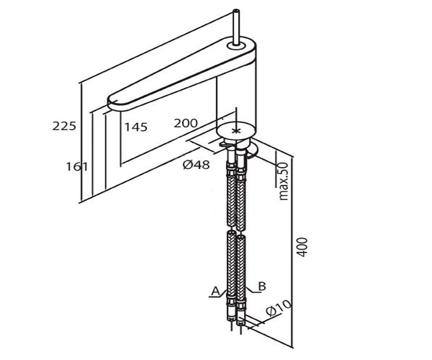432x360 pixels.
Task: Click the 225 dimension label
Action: click(64, 126)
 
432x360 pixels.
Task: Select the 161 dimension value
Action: click(77, 167)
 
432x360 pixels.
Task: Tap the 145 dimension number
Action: click(136, 127)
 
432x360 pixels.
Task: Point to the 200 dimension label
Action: click(186, 123)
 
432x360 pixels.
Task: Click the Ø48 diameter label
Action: click(196, 165)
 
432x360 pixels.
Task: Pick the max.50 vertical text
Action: click(283, 181)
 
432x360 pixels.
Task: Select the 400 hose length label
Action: click(302, 247)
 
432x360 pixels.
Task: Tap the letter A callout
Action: click(216, 291)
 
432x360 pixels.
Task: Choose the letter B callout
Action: click(262, 287)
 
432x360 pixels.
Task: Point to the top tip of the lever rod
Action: click(236, 10)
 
